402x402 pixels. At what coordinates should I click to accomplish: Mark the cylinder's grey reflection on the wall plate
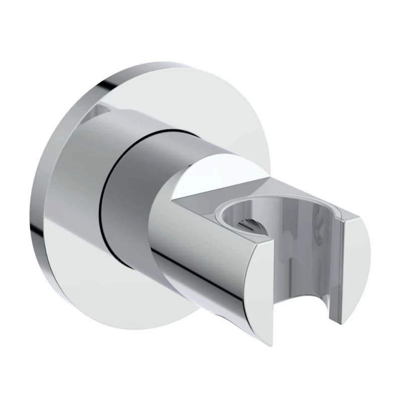tap(93, 113)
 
